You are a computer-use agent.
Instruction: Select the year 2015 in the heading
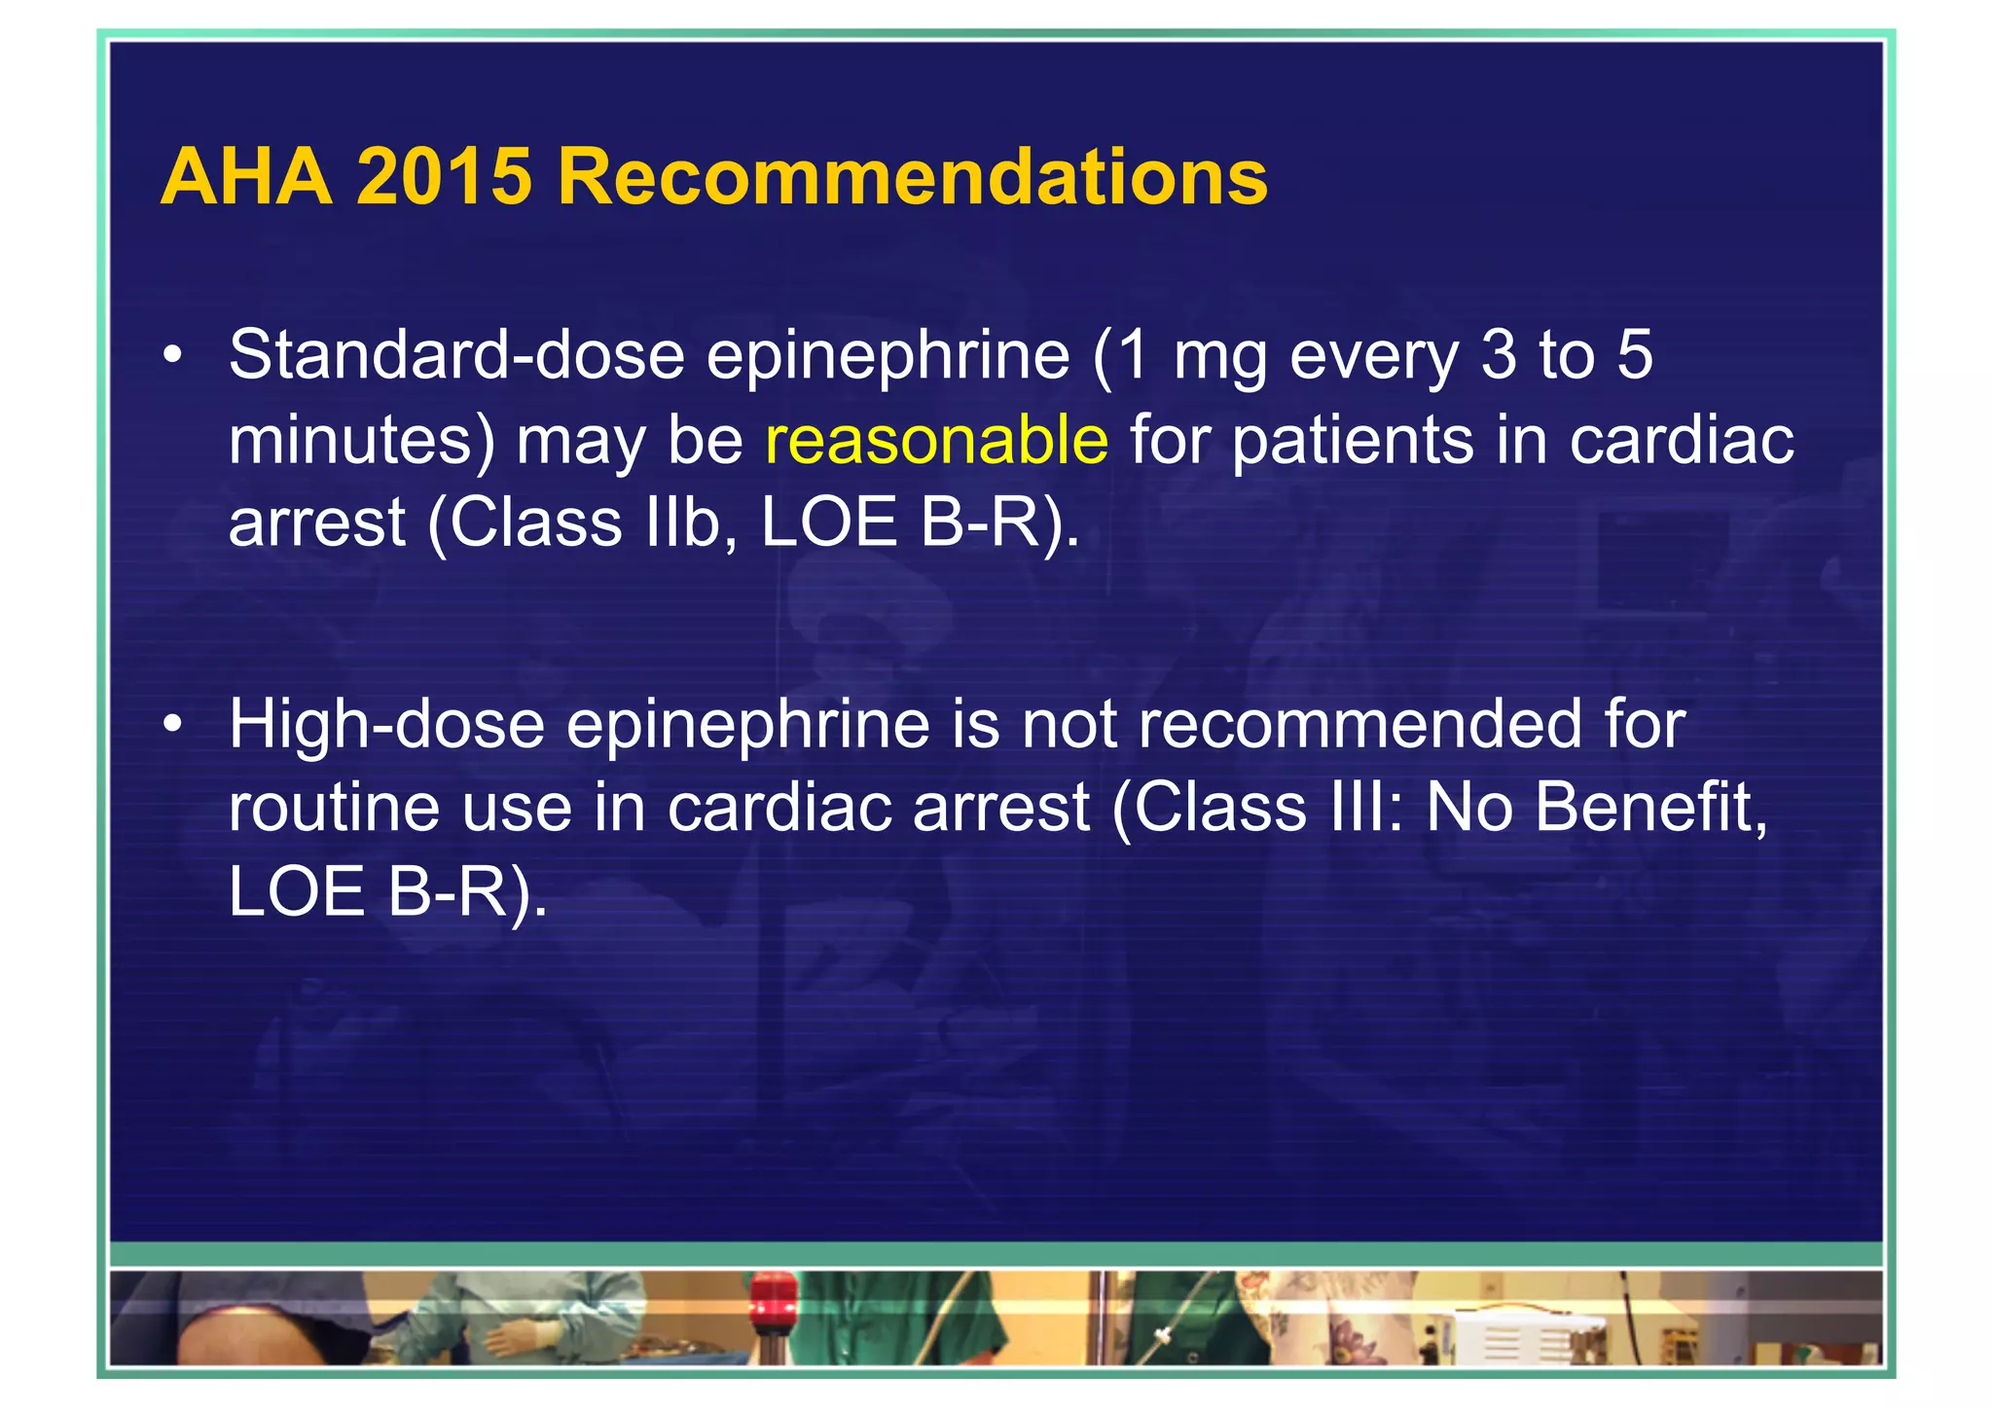tap(445, 177)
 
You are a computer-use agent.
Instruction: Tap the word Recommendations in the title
tap(912, 177)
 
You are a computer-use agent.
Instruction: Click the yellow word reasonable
tap(936, 439)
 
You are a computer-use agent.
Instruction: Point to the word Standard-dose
tap(456, 355)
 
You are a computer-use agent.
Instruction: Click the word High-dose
tap(386, 725)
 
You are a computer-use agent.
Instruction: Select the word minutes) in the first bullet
tap(361, 440)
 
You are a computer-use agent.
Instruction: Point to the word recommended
tap(1360, 725)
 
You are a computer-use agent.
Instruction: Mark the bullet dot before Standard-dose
tap(173, 356)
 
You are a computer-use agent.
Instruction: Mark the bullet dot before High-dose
tap(173, 725)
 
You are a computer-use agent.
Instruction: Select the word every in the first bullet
tap(1373, 356)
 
